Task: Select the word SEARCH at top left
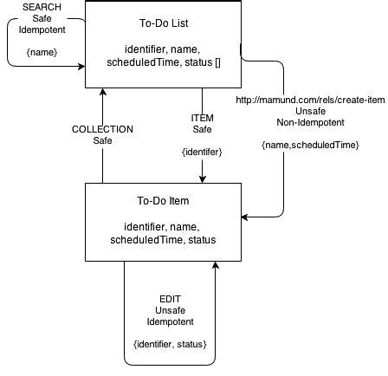(x=30, y=8)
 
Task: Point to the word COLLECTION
(x=102, y=129)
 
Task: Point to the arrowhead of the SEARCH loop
(x=81, y=65)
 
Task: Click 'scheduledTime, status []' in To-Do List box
(x=165, y=64)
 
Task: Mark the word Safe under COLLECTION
(x=102, y=139)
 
